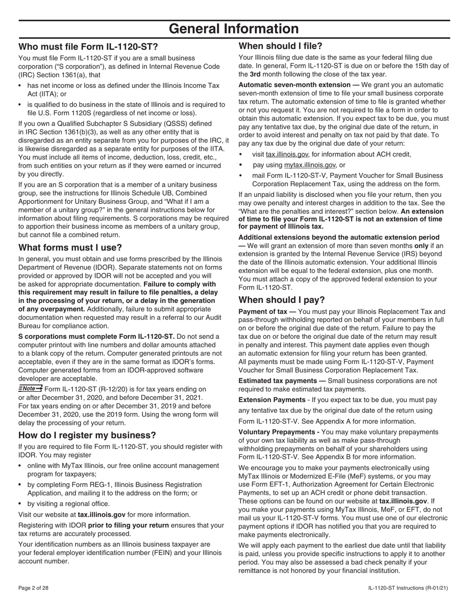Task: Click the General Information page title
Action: click(x=233, y=29)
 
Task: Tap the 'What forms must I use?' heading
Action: click(x=70, y=247)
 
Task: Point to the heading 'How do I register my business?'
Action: click(x=87, y=435)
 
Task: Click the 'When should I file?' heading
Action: click(x=280, y=46)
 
